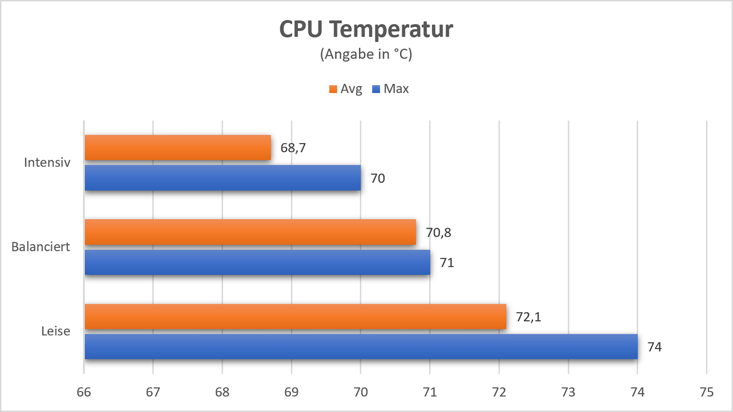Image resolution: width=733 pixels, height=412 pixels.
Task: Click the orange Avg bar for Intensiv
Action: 178,147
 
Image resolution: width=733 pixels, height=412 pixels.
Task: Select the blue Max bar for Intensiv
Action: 223,178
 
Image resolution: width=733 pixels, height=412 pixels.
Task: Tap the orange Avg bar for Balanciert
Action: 250,232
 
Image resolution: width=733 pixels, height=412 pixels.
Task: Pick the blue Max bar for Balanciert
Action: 257,262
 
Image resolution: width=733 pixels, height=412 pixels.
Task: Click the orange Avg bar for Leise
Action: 295,317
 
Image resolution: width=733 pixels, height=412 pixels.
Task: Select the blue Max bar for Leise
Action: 361,347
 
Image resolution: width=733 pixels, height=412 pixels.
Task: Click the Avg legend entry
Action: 346,89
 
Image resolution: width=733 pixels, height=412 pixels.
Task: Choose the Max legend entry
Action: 391,89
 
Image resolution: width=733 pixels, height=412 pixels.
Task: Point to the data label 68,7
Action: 293,148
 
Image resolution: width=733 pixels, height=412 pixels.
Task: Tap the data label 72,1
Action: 528,317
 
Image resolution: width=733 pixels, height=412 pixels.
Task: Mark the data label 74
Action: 654,347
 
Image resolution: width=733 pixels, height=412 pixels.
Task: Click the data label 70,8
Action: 438,233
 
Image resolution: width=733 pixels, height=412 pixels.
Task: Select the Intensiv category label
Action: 47,163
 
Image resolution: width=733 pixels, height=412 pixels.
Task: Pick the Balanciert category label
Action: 40,247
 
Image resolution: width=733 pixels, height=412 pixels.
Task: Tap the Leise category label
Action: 55,331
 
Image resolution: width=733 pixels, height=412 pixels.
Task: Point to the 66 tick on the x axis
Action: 84,392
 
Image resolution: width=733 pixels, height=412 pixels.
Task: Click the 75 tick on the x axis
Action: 707,392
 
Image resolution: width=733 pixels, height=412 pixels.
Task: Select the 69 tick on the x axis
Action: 291,392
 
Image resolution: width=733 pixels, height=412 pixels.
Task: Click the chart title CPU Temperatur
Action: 366,29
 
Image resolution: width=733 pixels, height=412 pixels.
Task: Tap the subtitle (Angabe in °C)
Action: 366,54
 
